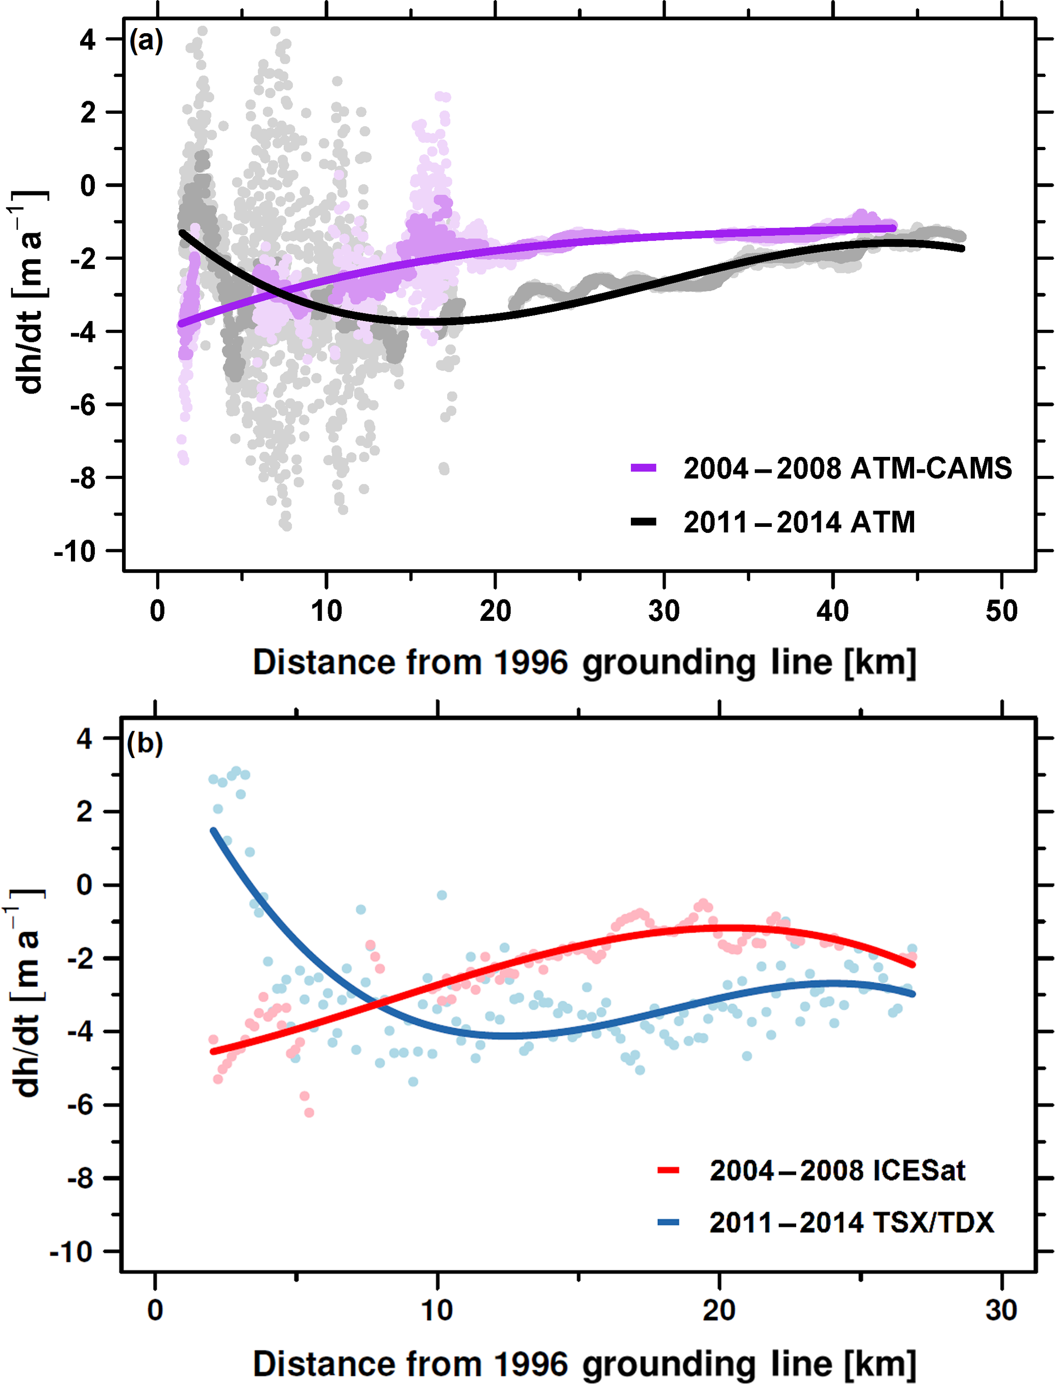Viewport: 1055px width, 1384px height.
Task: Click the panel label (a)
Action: coord(145,41)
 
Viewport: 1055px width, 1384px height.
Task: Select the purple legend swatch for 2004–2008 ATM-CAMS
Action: coord(643,468)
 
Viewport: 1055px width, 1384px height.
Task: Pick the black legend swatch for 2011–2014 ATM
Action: coord(643,521)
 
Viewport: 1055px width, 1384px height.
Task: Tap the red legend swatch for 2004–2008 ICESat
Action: coord(668,1170)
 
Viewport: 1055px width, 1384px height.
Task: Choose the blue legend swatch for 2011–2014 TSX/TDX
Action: coord(668,1222)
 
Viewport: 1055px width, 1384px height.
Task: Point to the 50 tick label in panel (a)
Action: coord(1001,611)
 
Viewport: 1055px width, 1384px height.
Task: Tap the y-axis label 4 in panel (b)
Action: coord(85,739)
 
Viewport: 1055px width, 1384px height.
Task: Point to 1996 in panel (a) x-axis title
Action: coord(531,663)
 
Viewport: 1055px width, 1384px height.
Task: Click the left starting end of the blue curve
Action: coord(213,831)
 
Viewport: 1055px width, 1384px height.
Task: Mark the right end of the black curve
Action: coord(962,249)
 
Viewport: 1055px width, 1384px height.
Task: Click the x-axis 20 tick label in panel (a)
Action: coord(496,611)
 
